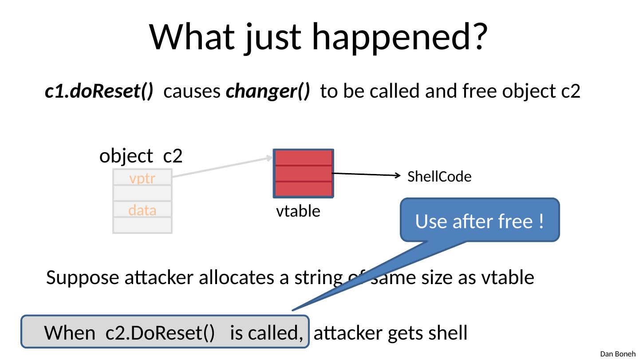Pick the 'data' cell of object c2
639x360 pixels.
point(142,210)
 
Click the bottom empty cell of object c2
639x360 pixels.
point(142,225)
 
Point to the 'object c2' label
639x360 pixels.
point(142,156)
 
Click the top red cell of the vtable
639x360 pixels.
point(303,158)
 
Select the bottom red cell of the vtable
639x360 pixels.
point(303,189)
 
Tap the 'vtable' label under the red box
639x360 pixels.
point(298,212)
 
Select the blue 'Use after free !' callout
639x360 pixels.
point(479,221)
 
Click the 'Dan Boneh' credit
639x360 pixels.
point(618,354)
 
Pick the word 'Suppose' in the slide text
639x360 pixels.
point(76,278)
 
